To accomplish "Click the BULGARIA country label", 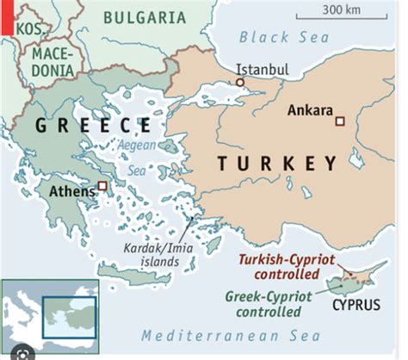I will (x=144, y=16).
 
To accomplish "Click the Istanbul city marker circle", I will (x=240, y=83).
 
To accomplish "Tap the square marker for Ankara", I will (x=340, y=120).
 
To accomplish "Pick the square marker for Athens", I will (x=102, y=185).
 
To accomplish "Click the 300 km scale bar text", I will (x=342, y=10).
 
